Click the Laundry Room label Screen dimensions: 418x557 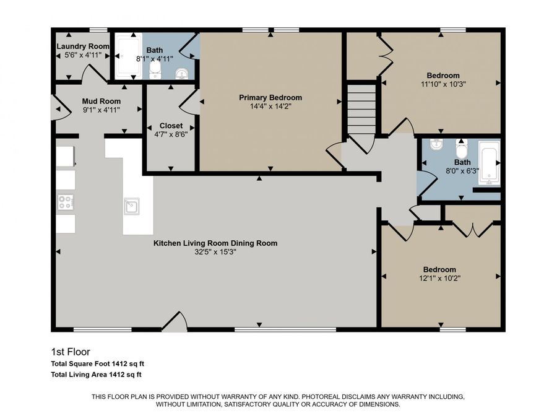click(83, 46)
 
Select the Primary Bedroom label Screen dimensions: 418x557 click(270, 97)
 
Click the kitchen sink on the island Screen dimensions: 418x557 click(131, 206)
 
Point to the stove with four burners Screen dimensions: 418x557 click(66, 201)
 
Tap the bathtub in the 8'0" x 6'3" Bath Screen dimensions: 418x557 click(489, 163)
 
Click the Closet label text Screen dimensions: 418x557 click(171, 126)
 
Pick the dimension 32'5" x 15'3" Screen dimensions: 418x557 click(215, 252)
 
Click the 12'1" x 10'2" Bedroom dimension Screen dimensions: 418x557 click(439, 278)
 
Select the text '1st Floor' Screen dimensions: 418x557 click(70, 352)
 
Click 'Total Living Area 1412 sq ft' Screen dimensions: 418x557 click(97, 374)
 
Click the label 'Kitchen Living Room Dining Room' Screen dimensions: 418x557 click(215, 243)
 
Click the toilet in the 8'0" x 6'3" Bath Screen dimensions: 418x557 click(461, 150)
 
